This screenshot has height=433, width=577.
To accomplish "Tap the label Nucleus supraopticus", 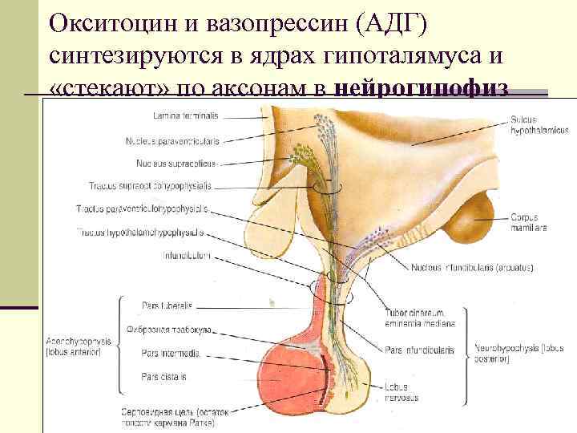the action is pos(176,164).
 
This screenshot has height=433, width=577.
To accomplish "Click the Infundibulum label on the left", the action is pos(185,257).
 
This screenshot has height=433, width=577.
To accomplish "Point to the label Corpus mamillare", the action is pos(527,222).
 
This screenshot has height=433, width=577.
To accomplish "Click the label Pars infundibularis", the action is pos(419,350).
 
